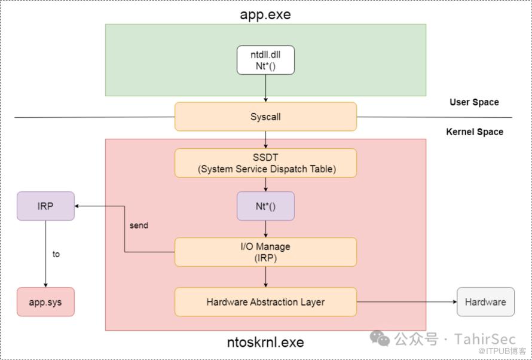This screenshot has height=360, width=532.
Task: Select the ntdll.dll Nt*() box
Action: coord(265,60)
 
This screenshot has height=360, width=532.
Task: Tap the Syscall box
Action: coord(265,117)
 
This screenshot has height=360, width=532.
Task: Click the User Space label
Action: coord(474,102)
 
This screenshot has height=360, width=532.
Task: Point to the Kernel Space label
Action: coord(475,132)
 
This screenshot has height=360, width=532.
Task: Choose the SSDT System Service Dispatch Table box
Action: coord(265,163)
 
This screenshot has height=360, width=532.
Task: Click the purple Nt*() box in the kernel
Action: coord(265,206)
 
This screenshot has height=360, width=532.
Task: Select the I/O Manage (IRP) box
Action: coord(265,252)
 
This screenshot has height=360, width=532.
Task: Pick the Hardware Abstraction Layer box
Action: coord(265,302)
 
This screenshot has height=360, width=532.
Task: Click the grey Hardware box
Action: coord(485,302)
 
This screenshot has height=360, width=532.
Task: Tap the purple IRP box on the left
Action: coord(45,206)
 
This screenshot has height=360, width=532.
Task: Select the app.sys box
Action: coord(45,302)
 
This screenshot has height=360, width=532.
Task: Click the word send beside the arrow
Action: coord(139,225)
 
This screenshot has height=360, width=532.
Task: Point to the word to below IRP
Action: coord(56,254)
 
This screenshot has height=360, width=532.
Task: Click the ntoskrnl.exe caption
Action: coord(265,343)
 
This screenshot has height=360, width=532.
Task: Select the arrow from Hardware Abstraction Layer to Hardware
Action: coord(406,302)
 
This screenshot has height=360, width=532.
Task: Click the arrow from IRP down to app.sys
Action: coord(45,254)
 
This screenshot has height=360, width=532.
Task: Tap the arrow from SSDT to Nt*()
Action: coord(265,184)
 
